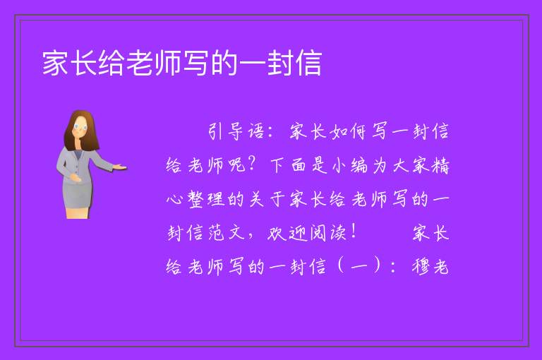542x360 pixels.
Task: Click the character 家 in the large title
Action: pyautogui.click(x=55, y=63)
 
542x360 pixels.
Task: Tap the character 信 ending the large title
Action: pyautogui.click(x=308, y=63)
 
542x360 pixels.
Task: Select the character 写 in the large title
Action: pyautogui.click(x=196, y=63)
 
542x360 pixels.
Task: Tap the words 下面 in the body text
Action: pyautogui.click(x=288, y=165)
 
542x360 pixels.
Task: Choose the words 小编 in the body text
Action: pyautogui.click(x=350, y=165)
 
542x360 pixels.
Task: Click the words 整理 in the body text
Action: pyautogui.click(x=205, y=199)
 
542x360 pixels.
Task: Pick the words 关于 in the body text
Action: pyautogui.click(x=267, y=199)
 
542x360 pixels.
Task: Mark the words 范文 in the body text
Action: pyautogui.click(x=227, y=233)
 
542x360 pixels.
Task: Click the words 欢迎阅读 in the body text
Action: pyautogui.click(x=306, y=233)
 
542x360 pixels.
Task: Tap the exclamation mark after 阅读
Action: pyautogui.click(x=353, y=232)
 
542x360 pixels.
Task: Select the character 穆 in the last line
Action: pyautogui.click(x=421, y=267)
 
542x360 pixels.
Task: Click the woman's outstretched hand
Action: pyautogui.click(x=120, y=167)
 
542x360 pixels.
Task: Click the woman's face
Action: pyautogui.click(x=80, y=127)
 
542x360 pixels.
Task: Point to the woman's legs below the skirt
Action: pyautogui.click(x=78, y=213)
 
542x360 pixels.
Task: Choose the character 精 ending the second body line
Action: pyautogui.click(x=440, y=165)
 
